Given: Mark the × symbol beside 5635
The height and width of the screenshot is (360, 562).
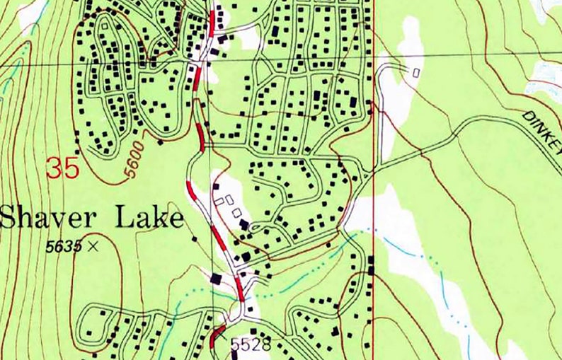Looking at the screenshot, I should coord(92,247).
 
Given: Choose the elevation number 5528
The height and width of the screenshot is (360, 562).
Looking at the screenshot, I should coord(251,345).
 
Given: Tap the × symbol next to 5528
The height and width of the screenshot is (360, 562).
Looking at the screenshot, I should coord(226,342).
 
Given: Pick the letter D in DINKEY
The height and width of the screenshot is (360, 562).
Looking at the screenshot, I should coord(528,116).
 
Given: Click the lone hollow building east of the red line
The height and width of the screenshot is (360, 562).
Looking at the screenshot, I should coord(415,71).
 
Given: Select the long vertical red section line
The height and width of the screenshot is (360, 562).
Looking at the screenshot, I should coord(373,212).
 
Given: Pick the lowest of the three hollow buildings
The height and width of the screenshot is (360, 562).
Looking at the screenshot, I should coord(236,213).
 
